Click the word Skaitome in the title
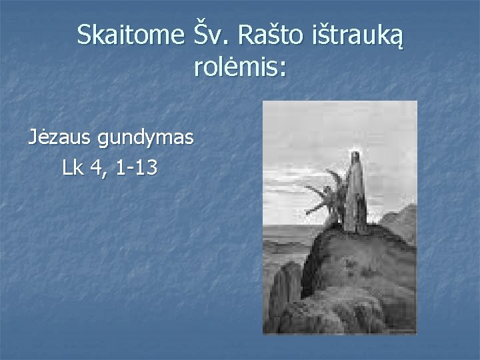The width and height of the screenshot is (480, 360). (129, 35)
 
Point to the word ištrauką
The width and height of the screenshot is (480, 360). (356, 37)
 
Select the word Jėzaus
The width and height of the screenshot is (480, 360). (60, 138)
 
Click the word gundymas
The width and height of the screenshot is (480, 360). (145, 139)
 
